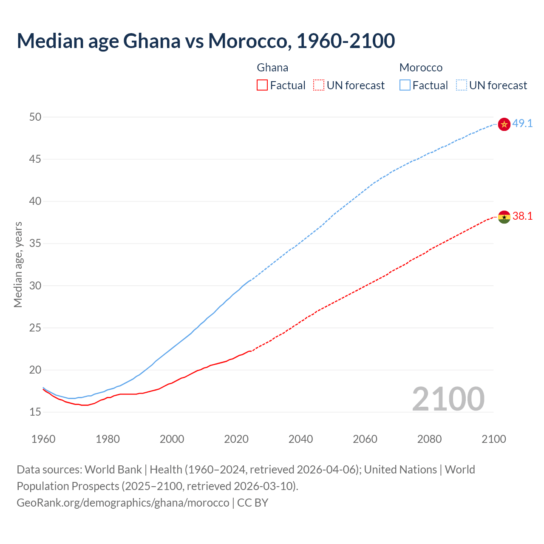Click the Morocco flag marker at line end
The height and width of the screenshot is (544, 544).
(x=504, y=124)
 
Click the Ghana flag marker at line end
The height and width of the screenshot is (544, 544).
(x=504, y=217)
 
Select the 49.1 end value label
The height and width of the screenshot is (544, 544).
(x=522, y=124)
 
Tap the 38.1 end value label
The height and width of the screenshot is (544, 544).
(x=522, y=216)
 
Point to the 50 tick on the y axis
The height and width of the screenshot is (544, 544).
(x=35, y=117)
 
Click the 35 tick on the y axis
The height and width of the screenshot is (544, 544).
(x=35, y=244)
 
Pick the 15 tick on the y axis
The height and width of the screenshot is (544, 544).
(x=35, y=412)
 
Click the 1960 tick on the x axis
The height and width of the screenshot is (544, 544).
(x=43, y=439)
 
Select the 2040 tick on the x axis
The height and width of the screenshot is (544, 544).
(x=300, y=439)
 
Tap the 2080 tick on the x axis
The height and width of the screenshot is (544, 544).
(x=429, y=439)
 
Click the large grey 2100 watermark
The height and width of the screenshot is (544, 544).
(x=448, y=399)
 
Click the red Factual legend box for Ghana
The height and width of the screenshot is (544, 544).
(x=262, y=85)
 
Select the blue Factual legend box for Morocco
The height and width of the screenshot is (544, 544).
(x=405, y=85)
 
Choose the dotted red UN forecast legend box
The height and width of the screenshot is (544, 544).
(x=319, y=85)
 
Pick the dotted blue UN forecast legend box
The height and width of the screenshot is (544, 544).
(x=461, y=85)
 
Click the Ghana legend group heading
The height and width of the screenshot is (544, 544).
(x=272, y=68)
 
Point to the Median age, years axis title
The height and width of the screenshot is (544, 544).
(x=18, y=264)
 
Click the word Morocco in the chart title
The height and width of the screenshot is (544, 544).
(x=249, y=41)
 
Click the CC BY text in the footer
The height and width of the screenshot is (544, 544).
(x=253, y=503)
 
